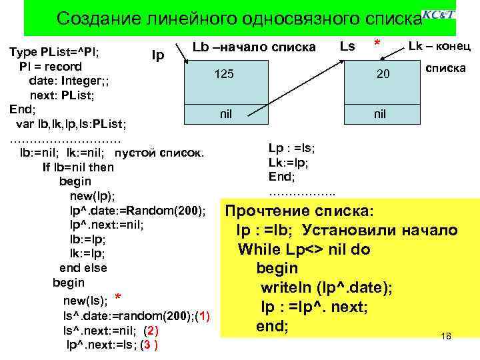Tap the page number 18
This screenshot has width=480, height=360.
(x=446, y=336)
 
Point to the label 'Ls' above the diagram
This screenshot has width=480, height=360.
(x=347, y=46)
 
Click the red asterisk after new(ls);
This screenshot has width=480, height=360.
(x=117, y=297)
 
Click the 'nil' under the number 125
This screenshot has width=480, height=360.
(x=226, y=114)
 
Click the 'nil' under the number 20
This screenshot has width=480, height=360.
(x=379, y=114)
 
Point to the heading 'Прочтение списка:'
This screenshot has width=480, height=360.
(x=300, y=211)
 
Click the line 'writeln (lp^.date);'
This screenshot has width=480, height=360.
(x=326, y=288)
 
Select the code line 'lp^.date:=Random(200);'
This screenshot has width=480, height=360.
(x=137, y=211)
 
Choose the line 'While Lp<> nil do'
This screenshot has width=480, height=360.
(x=304, y=250)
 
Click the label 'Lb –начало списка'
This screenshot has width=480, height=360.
(x=254, y=47)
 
